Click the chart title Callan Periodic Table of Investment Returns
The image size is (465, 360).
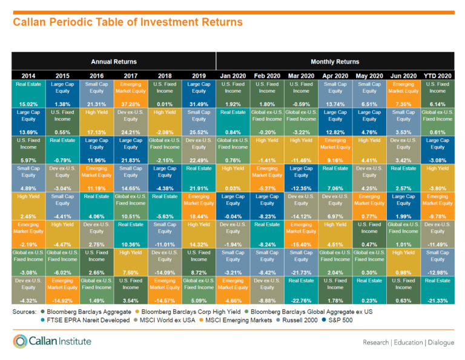tap(127, 22)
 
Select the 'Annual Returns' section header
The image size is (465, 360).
tap(114, 62)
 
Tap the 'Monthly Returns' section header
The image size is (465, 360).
tap(335, 62)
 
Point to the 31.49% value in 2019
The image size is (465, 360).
tap(199, 104)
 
